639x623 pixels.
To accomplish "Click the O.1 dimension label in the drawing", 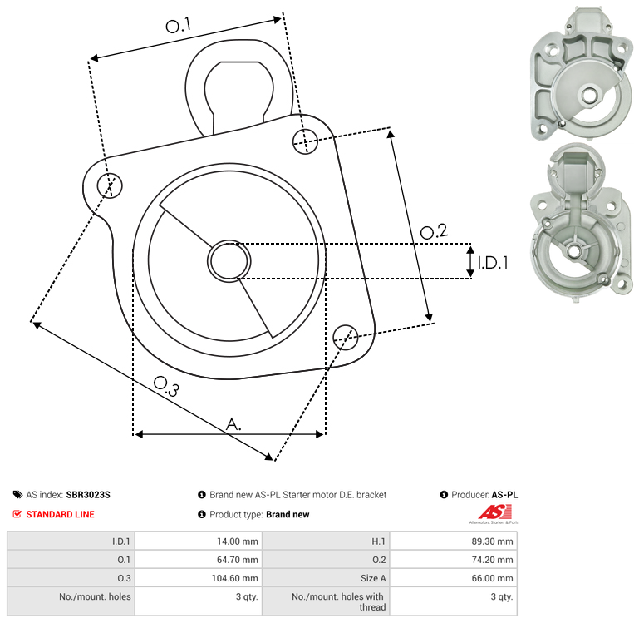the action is click(x=179, y=25).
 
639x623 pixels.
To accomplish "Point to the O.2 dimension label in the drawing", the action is click(x=434, y=231).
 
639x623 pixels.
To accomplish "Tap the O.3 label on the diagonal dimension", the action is click(x=166, y=386).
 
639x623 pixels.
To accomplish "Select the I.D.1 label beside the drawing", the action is click(x=493, y=263).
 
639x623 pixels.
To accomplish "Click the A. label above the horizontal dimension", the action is click(x=233, y=424).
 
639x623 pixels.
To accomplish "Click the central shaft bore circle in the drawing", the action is click(x=229, y=261).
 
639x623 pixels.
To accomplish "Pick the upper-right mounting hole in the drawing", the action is click(x=305, y=141).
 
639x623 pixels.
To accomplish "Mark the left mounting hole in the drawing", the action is click(x=110, y=185).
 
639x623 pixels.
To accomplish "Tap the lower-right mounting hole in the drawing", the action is click(x=346, y=338).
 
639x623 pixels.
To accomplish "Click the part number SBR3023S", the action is click(x=88, y=495).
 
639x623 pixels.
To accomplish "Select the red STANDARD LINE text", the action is click(x=61, y=515).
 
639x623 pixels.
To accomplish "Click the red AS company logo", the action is click(x=494, y=513).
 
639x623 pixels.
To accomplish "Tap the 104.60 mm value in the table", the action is click(x=234, y=578).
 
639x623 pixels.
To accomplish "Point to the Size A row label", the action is click(x=373, y=578).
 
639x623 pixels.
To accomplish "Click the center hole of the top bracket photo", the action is click(x=588, y=96).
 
